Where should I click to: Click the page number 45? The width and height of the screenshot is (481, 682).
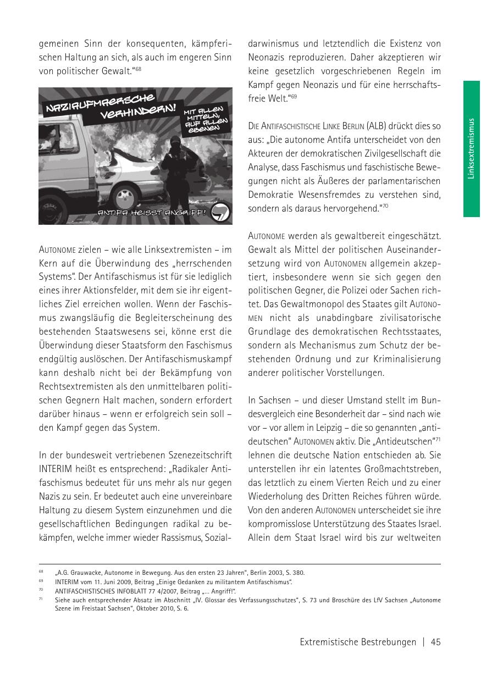(436, 642)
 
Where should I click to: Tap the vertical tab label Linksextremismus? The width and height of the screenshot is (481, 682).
(471, 148)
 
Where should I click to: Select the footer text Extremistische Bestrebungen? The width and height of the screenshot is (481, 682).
(358, 642)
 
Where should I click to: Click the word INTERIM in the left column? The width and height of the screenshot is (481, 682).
(57, 469)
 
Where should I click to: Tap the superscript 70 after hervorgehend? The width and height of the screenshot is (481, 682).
(385, 206)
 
